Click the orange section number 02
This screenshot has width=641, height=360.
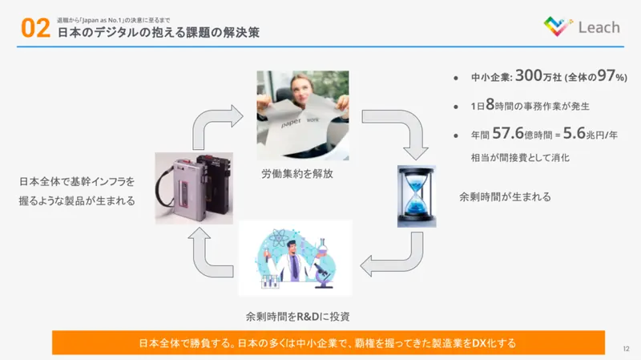pos(35,28)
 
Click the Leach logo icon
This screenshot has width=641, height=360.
pos(558,26)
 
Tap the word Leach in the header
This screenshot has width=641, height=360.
pos(599,27)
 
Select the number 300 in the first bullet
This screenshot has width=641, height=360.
pos(529,75)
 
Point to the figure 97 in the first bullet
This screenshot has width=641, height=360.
pos(607,75)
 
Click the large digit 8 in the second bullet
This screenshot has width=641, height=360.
pos(490,104)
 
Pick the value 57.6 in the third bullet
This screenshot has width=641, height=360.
pos(508,133)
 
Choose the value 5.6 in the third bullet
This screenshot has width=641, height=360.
pos(574,133)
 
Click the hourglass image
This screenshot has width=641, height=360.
pos(417,196)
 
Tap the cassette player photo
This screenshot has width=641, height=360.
pos(194,188)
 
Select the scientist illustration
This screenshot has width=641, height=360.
pos(295,258)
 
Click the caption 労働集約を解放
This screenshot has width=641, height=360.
pos(297,174)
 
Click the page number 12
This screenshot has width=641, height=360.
pos(626,349)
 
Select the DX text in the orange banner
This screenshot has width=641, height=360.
pos(479,343)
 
